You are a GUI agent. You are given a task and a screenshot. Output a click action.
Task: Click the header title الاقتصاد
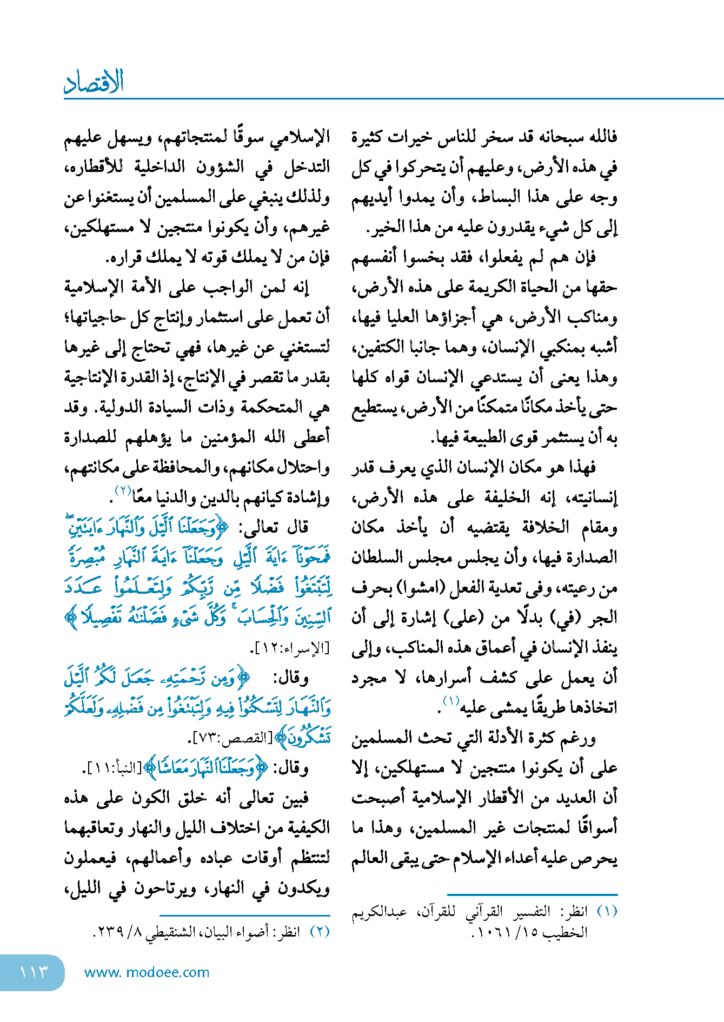(94, 82)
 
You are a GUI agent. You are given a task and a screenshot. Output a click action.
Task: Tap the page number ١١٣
(34, 972)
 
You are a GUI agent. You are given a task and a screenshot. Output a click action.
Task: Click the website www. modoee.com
(147, 972)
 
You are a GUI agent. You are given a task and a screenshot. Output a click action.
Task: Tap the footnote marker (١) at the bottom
(607, 912)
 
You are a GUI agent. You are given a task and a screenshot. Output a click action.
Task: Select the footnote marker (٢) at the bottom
(319, 932)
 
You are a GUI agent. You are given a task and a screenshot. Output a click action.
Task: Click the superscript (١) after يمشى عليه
(450, 701)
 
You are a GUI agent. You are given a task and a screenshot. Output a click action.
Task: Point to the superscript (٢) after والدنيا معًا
(123, 490)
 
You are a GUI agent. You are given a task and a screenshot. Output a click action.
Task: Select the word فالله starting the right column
(601, 136)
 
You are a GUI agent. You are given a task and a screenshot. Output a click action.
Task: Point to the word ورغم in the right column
(578, 738)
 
